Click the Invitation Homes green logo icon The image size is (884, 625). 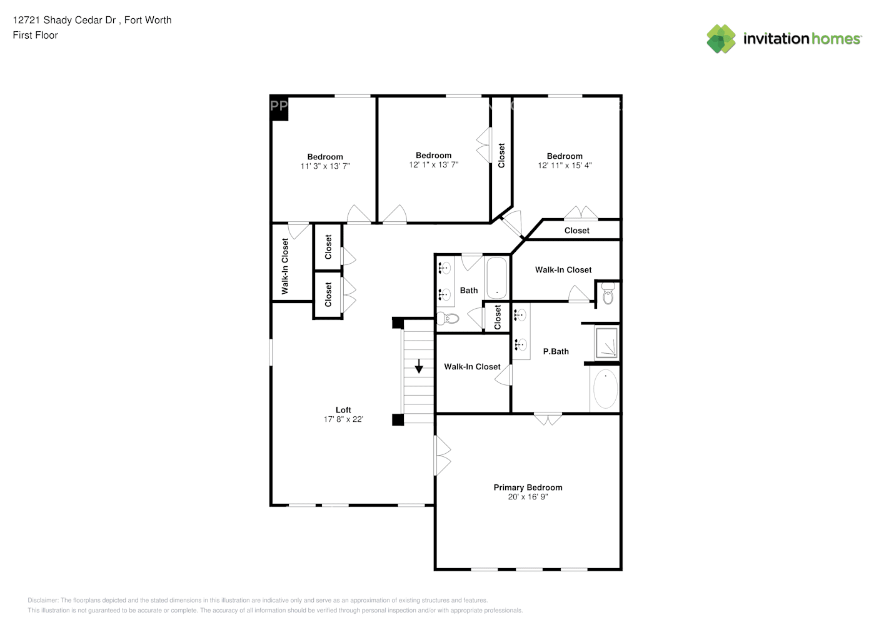tap(721, 39)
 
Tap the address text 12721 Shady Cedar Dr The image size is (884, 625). tap(66, 20)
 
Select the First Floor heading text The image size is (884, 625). tap(35, 35)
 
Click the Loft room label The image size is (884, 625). tap(343, 410)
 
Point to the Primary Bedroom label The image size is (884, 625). tap(528, 487)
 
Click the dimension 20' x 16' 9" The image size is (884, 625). tap(528, 497)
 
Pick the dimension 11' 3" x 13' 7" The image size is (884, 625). tap(325, 166)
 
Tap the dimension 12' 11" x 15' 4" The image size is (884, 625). tap(565, 166)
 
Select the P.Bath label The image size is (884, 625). tap(555, 351)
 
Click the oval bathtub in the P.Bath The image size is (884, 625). tap(605, 389)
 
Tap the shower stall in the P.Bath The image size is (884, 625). tap(606, 342)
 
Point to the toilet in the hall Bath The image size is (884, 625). tap(448, 319)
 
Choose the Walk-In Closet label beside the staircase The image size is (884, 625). tap(472, 367)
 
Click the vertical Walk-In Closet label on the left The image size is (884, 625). tap(285, 266)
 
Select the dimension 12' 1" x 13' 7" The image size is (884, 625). tap(433, 165)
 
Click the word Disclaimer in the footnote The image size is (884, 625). tap(43, 601)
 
